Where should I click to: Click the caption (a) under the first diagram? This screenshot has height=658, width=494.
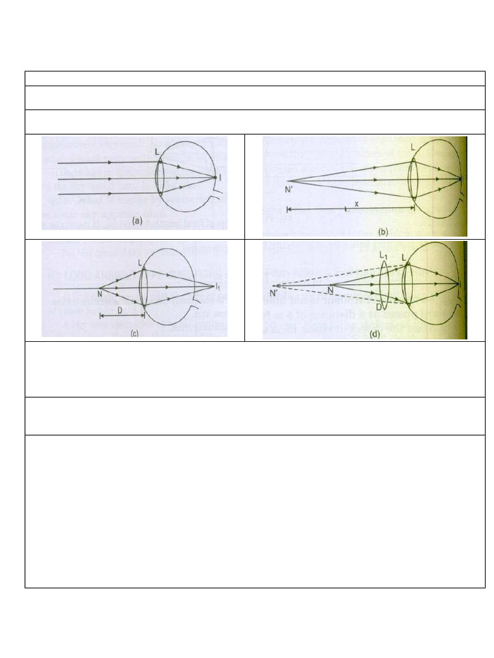136,220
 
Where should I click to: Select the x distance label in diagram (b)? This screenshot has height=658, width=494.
356,202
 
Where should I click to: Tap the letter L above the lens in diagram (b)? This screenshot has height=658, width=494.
412,148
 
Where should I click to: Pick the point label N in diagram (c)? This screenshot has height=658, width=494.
100,294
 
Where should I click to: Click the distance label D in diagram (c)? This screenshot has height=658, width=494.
120,310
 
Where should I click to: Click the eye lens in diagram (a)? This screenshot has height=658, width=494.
160,178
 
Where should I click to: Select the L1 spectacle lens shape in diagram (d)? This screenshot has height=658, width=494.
385,284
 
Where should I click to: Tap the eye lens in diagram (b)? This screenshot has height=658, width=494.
414,181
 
